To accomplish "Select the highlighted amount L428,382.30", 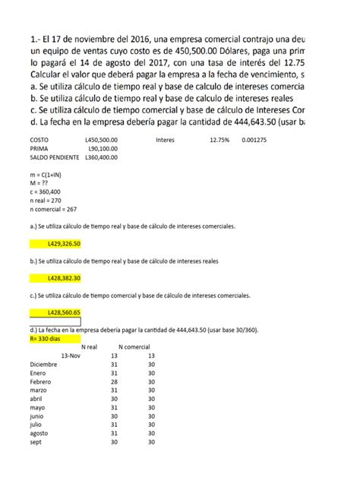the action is pyautogui.click(x=64, y=278).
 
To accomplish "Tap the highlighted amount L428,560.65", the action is pyautogui.click(x=64, y=312).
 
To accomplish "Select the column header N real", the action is pyautogui.click(x=89, y=346).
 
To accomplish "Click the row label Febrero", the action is pyautogui.click(x=43, y=381).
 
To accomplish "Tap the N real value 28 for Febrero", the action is pyautogui.click(x=115, y=381).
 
